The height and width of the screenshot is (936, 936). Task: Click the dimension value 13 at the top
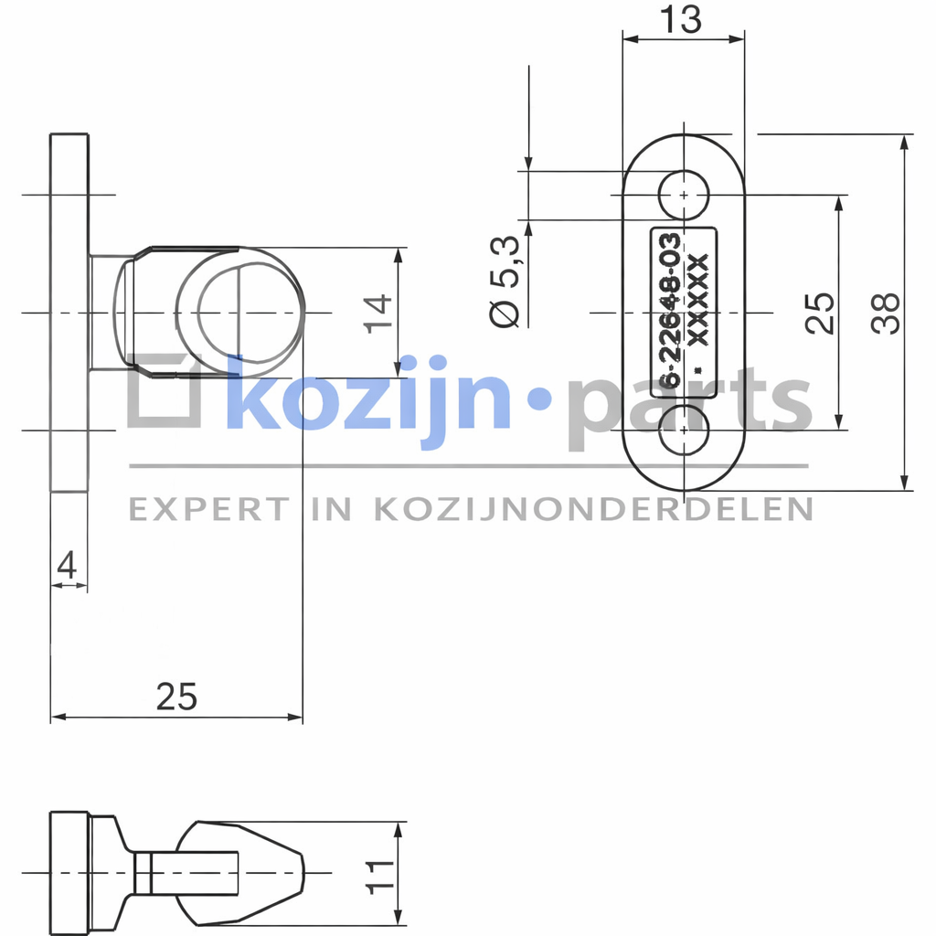[680, 20]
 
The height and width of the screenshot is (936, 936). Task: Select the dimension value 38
[885, 313]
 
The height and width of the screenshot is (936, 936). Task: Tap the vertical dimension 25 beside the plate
[820, 313]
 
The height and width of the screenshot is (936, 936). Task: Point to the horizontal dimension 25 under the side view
[176, 697]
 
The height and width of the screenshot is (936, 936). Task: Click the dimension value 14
[378, 314]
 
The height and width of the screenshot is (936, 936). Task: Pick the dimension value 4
[67, 565]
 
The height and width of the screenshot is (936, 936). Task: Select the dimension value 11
[379, 877]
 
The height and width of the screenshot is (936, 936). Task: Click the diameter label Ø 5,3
[505, 282]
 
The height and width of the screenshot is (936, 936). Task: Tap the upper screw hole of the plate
[684, 195]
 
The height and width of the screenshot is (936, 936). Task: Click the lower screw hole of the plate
[684, 430]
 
